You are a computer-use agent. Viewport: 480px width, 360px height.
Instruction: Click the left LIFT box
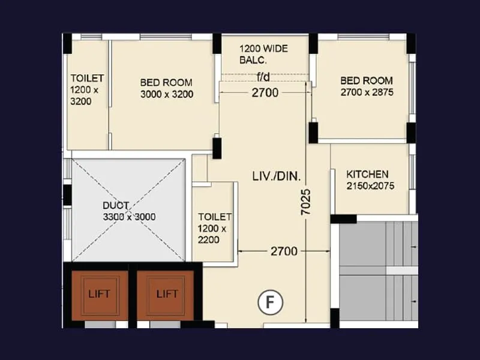[100, 295]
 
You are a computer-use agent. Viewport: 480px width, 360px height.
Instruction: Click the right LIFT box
[167, 295]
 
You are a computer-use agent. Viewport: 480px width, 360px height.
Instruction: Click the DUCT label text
[115, 205]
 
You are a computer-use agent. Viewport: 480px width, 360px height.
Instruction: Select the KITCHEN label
[367, 174]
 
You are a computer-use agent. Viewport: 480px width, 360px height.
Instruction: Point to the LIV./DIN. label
[277, 176]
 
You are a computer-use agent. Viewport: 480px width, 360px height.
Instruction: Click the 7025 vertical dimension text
[307, 203]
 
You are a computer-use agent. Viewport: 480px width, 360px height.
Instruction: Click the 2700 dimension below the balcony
[265, 92]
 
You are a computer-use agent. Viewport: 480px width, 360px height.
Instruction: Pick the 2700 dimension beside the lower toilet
[283, 251]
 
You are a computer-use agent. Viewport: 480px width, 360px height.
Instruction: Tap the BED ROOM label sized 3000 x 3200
[166, 83]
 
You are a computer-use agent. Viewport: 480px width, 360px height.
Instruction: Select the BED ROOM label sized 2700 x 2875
[367, 80]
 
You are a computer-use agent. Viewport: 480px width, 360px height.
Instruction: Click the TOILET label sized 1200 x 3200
[87, 79]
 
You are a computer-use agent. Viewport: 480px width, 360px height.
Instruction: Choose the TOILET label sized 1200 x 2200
[214, 217]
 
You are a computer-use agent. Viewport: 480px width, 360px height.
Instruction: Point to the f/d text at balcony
[263, 76]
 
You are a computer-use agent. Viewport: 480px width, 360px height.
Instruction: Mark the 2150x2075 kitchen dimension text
[370, 186]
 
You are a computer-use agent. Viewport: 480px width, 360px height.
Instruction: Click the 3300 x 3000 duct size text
[129, 217]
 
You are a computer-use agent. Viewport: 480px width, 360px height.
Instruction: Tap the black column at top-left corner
[67, 44]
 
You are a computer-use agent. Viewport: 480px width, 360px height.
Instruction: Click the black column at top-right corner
[411, 44]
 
